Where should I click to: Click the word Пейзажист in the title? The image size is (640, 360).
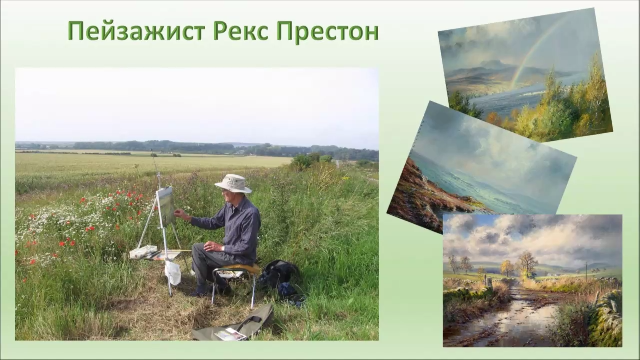pyautogui.click(x=136, y=31)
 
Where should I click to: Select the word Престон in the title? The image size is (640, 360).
pyautogui.click(x=327, y=31)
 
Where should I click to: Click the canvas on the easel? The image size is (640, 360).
pyautogui.click(x=166, y=205)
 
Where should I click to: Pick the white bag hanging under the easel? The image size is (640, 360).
pyautogui.click(x=173, y=273)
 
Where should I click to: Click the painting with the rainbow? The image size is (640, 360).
pyautogui.click(x=525, y=75)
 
